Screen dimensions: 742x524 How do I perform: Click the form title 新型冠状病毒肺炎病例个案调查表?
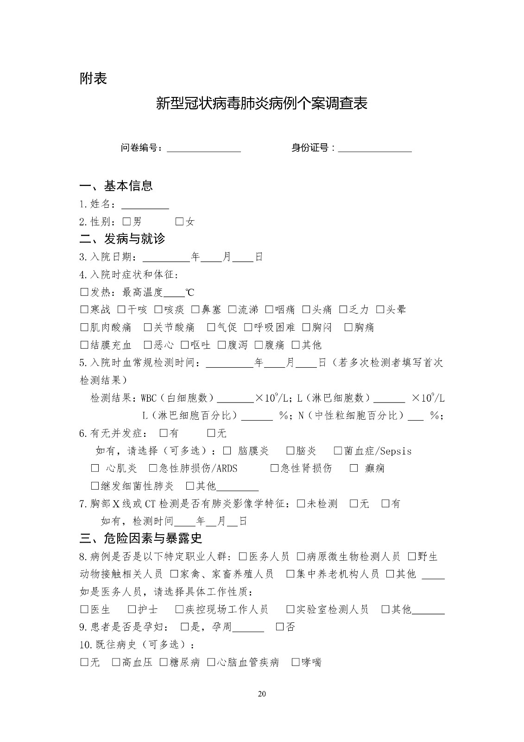click(262, 103)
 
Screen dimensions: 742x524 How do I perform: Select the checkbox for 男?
click(127, 222)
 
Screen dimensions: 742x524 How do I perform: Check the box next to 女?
click(179, 222)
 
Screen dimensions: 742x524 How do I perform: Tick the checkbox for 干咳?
click(121, 309)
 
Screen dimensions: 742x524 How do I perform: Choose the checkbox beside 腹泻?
click(222, 345)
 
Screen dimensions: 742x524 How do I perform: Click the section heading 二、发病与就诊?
click(122, 239)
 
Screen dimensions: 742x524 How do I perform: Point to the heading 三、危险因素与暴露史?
click(141, 538)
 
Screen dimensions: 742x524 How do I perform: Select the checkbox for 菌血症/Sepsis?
click(338, 451)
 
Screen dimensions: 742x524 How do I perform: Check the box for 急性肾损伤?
click(274, 468)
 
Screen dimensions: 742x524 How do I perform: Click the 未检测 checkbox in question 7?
click(301, 504)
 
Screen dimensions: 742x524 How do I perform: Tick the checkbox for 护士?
click(132, 609)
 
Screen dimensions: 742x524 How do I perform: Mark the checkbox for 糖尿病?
click(164, 662)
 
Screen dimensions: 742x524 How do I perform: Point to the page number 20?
click(262, 694)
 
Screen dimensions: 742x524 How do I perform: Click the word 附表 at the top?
click(93, 78)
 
